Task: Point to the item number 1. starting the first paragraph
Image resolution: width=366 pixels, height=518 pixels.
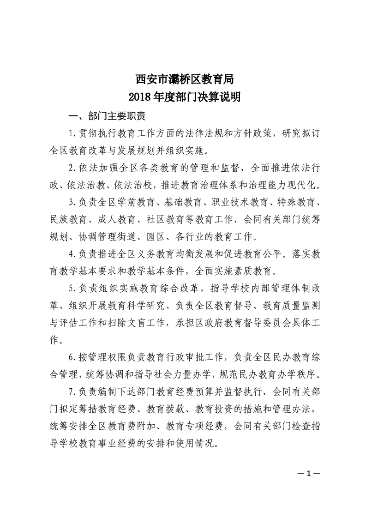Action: pyautogui.click(x=71, y=134)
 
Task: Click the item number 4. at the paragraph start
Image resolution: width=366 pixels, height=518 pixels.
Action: pyautogui.click(x=71, y=253)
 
